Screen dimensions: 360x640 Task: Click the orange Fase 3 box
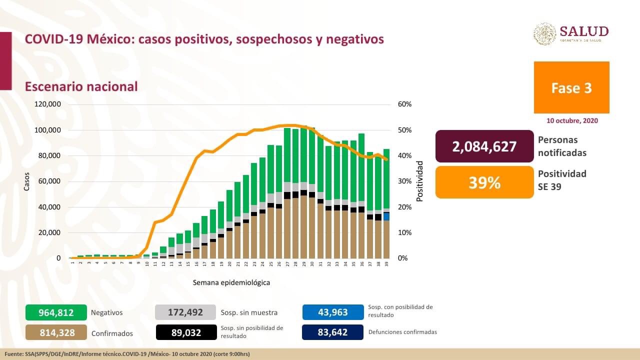[x=571, y=87]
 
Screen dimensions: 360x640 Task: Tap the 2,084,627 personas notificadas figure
[x=484, y=146]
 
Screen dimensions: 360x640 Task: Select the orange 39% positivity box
[x=484, y=182]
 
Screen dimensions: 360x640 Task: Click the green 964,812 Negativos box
[x=56, y=312]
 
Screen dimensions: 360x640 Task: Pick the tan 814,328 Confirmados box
[x=56, y=332]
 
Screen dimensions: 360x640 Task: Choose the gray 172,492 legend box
[x=185, y=312]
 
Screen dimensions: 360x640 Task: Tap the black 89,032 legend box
[x=185, y=332]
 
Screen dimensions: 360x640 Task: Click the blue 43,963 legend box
[x=332, y=312]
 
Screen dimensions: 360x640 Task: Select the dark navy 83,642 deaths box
[x=332, y=332]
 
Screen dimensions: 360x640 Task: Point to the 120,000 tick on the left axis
[x=47, y=104]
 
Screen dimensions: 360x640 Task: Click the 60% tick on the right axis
[x=405, y=104]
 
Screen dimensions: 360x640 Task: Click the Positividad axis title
[x=419, y=181]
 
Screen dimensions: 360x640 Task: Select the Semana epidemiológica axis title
[x=231, y=282]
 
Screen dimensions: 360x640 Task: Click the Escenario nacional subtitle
[x=81, y=86]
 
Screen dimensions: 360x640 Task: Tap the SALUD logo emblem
[x=544, y=33]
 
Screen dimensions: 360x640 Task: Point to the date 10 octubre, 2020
[x=571, y=120]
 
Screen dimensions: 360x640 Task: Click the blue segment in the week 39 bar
[x=386, y=216]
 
